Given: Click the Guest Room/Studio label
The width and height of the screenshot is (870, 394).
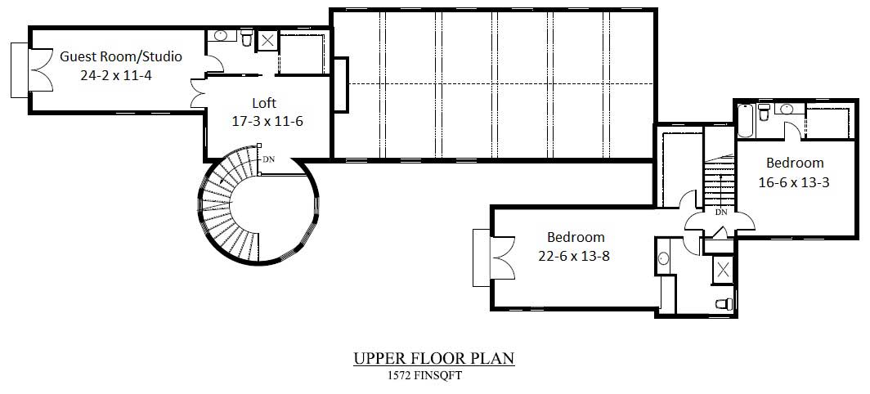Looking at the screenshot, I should coord(120,56).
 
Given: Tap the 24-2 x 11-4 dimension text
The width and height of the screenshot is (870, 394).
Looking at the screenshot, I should coord(120,74).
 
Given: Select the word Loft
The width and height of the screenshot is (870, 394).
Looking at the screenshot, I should coord(263,103).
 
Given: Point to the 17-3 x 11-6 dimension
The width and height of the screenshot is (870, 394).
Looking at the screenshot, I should coord(267,121).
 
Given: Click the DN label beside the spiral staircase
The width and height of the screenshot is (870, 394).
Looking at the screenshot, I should coord(268,159).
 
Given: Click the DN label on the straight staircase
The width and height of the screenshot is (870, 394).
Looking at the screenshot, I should coord(721,212).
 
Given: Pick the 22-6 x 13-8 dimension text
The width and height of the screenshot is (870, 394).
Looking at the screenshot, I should coord(574,255).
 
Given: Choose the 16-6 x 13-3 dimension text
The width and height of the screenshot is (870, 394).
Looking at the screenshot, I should coord(794,182).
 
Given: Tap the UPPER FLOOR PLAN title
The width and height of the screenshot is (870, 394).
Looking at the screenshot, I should coord(434,359).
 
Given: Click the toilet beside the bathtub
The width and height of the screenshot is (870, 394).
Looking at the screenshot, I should coord(765,111).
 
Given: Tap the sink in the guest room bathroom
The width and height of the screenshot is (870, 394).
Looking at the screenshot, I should coord(221,35).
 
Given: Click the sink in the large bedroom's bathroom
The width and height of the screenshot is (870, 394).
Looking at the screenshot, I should coord(663,258).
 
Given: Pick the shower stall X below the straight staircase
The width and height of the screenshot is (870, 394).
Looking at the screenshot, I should coord(724,270).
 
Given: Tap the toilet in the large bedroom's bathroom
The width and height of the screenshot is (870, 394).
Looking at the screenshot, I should coord(723,304).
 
